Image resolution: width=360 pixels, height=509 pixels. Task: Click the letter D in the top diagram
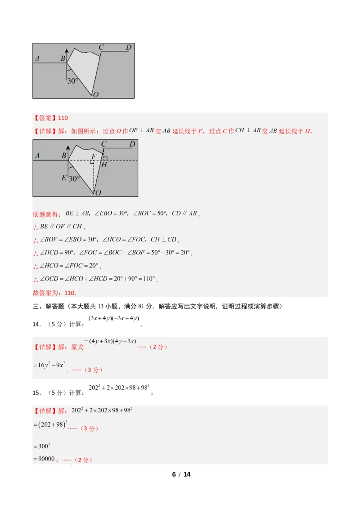coord(129,47)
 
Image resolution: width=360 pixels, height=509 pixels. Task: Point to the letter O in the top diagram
coord(96,94)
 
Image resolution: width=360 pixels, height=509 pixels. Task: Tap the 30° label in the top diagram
coord(72,81)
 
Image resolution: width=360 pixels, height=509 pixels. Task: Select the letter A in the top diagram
coord(37,58)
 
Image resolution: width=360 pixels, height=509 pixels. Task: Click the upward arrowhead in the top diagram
coord(67,50)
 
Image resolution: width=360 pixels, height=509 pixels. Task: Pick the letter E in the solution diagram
coord(64,178)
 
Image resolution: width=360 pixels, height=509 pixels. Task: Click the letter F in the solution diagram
coord(94,156)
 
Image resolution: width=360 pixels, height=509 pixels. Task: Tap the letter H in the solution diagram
coord(104,165)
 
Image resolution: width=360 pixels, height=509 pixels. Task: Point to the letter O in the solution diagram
coord(98,192)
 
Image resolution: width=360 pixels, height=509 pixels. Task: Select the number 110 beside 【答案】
coord(63,118)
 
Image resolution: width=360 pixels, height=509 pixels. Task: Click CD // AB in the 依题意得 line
coord(184,214)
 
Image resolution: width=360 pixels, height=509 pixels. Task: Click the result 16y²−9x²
coord(49,365)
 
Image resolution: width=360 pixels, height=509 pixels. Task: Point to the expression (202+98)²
coord(50,424)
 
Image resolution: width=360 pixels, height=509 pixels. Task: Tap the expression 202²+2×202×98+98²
coord(102,411)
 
